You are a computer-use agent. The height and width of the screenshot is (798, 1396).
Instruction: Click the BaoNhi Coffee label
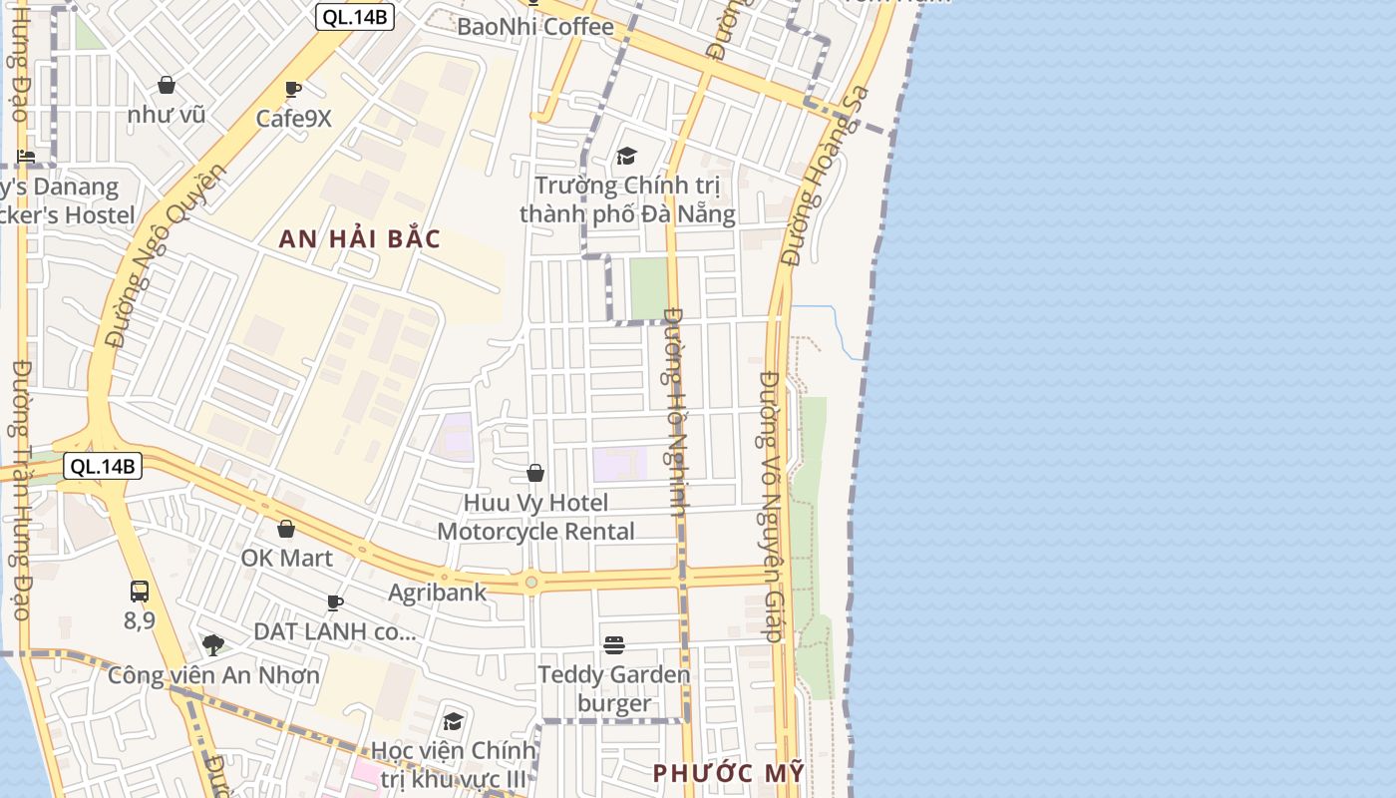534,27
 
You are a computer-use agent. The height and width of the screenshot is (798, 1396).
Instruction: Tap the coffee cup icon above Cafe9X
292,90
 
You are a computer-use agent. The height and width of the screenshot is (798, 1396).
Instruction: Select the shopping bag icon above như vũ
167,86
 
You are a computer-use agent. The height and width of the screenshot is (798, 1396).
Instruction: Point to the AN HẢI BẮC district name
359,239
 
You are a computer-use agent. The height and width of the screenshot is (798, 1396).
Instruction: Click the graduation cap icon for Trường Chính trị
626,156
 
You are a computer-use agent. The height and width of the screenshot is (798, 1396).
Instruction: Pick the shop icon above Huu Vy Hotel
535,473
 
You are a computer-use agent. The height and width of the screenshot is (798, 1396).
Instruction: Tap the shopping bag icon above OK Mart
286,529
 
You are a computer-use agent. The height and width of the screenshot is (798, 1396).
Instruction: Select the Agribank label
438,593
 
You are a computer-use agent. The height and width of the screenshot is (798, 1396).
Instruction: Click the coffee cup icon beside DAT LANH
335,602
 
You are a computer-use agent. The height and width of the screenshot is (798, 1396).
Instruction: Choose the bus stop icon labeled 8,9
140,592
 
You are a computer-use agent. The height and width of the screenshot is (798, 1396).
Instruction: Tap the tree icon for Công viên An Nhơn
213,645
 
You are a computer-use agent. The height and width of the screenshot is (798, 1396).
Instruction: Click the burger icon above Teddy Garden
614,645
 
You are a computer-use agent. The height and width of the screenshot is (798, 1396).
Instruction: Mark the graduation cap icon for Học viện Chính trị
454,721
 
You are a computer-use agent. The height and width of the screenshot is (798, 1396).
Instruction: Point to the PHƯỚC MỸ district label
728,773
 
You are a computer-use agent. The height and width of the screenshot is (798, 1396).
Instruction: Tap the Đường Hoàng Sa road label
827,177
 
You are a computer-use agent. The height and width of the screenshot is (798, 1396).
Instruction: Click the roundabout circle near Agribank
531,582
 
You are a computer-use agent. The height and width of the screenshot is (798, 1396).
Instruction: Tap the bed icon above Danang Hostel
26,157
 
